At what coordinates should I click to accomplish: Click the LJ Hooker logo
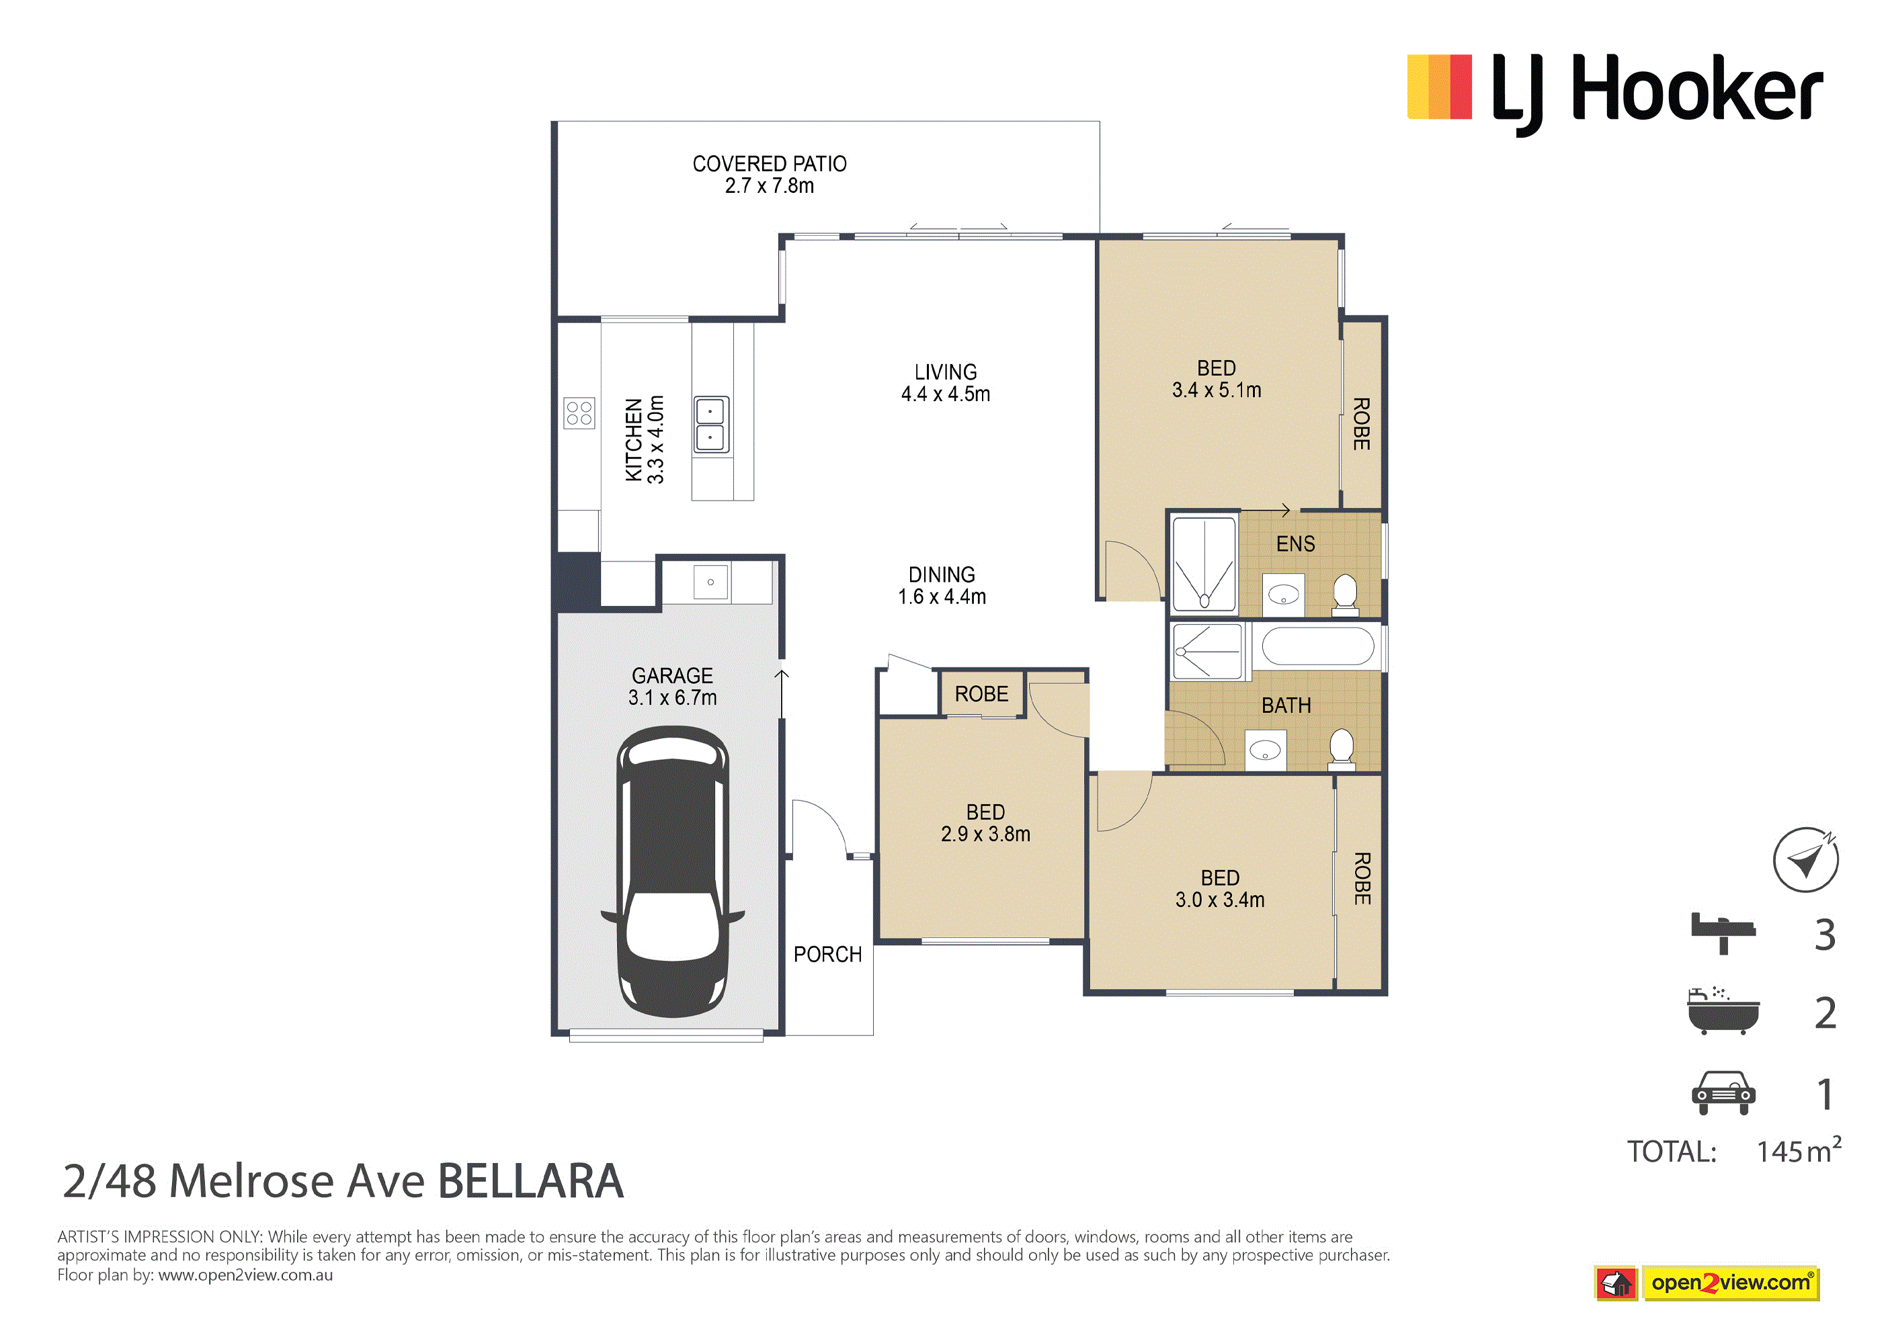(x=1615, y=93)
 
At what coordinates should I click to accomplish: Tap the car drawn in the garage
(x=673, y=872)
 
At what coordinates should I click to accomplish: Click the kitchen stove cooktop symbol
(x=579, y=413)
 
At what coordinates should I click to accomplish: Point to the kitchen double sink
(x=710, y=425)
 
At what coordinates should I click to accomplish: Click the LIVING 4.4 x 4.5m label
(x=946, y=383)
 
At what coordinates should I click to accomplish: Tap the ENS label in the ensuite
(x=1295, y=544)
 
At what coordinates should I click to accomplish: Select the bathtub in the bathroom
(x=1317, y=646)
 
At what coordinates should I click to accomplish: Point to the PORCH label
(x=828, y=954)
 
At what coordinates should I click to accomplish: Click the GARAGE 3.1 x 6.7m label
(x=673, y=687)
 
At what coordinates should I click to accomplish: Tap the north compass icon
(x=1805, y=860)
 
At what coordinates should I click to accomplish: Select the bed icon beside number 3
(x=1723, y=934)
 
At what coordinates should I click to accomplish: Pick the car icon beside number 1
(x=1723, y=1093)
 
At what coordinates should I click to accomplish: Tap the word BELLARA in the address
(x=530, y=1182)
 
